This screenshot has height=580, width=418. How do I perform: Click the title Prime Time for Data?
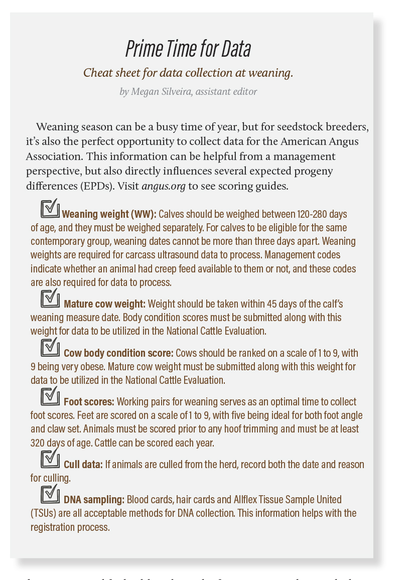(x=188, y=49)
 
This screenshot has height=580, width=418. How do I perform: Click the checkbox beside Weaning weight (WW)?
(x=50, y=208)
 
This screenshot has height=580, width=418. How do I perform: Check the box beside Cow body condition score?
(x=50, y=347)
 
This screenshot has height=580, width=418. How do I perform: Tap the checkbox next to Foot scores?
(x=50, y=396)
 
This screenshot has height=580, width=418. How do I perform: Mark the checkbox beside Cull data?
(x=50, y=459)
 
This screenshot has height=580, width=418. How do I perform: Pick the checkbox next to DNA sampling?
(x=50, y=494)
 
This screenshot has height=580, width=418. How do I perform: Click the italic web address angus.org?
(x=163, y=186)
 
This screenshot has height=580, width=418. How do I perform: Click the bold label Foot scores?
(x=89, y=402)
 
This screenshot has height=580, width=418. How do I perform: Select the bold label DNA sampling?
(x=94, y=500)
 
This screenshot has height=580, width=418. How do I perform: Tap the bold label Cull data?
(x=83, y=465)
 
